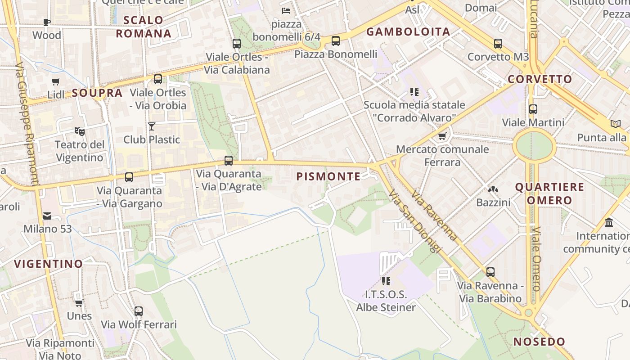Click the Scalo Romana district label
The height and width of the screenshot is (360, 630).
(x=144, y=27)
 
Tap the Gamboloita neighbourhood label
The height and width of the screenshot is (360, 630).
(x=408, y=31)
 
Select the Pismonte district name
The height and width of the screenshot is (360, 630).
(x=328, y=176)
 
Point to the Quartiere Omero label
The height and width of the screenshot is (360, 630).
(x=549, y=193)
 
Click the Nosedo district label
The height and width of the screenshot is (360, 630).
(x=539, y=342)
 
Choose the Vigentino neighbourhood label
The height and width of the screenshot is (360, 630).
(x=49, y=264)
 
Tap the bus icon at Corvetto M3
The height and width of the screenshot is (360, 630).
(x=498, y=44)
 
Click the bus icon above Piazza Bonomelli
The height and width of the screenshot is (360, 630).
(x=335, y=41)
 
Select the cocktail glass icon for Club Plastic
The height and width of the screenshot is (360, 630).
(x=152, y=126)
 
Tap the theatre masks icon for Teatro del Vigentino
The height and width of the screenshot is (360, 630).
(x=80, y=131)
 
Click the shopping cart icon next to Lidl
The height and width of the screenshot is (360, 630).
(x=56, y=82)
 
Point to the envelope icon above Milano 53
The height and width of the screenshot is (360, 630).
(x=47, y=216)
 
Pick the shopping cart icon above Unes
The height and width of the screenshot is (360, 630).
(x=79, y=303)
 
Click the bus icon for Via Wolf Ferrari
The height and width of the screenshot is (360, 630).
(x=139, y=311)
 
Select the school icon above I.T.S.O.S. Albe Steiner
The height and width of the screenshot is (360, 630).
(x=386, y=281)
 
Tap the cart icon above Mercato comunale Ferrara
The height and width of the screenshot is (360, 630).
(x=442, y=136)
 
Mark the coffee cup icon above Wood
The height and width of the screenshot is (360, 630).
(x=46, y=22)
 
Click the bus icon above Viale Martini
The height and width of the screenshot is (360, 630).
(x=533, y=109)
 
